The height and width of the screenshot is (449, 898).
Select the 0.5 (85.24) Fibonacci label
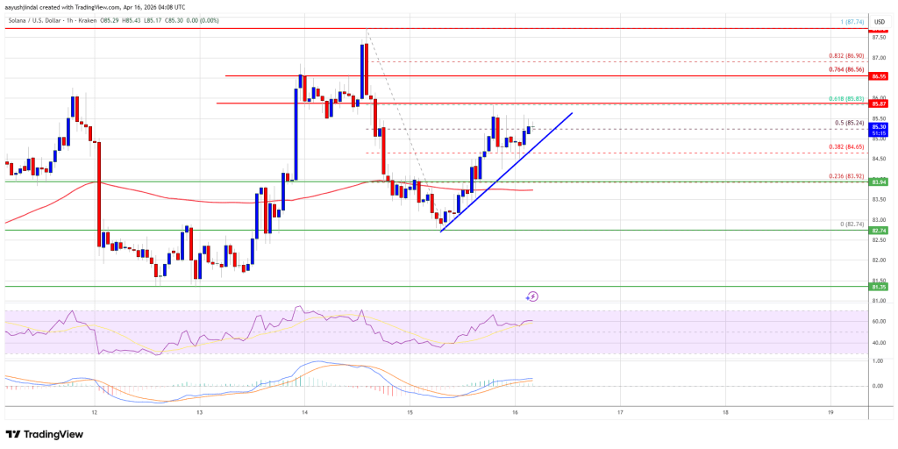pyautogui.click(x=848, y=123)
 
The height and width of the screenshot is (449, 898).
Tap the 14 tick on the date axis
pyautogui.click(x=304, y=411)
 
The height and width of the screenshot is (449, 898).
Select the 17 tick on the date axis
pyautogui.click(x=620, y=411)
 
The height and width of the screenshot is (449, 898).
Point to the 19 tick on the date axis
pyautogui.click(x=830, y=411)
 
